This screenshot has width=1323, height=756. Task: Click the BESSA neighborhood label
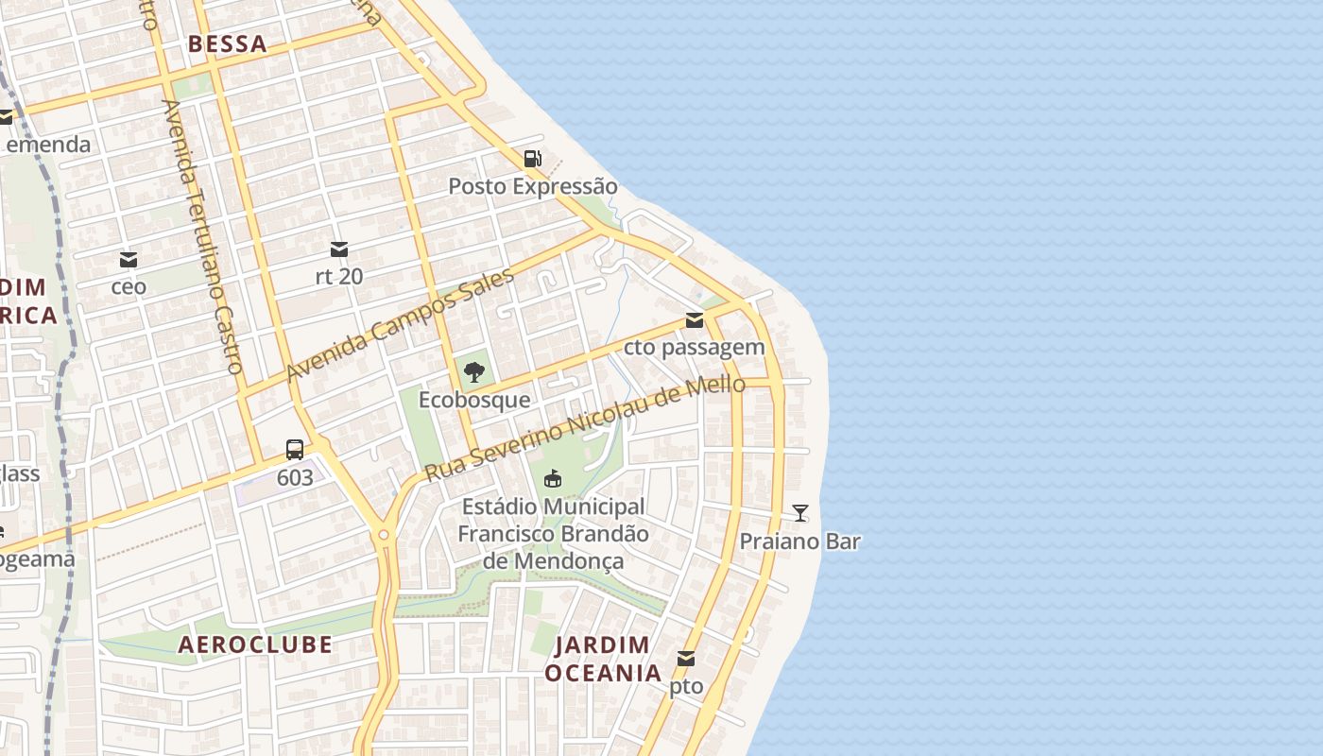click(x=227, y=43)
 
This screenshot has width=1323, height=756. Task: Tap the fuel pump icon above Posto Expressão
click(x=533, y=159)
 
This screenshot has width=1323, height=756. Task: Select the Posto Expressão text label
click(x=532, y=186)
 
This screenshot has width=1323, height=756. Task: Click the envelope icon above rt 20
click(x=339, y=249)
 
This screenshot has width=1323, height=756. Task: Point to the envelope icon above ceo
click(x=129, y=260)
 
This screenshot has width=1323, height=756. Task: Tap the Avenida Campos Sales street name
click(x=400, y=324)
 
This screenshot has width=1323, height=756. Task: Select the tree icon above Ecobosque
click(x=474, y=371)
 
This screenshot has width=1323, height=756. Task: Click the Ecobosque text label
click(x=474, y=400)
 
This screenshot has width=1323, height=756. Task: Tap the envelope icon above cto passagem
click(x=695, y=320)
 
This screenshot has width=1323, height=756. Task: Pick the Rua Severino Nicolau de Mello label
click(x=584, y=429)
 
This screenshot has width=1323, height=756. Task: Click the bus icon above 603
click(x=295, y=450)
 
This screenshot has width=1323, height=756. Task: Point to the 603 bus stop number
click(x=295, y=477)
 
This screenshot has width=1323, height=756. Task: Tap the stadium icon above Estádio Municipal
click(x=553, y=479)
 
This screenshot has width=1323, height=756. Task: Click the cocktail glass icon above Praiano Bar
click(x=800, y=513)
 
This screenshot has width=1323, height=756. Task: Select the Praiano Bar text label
click(x=799, y=541)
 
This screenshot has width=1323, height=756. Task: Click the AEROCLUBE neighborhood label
click(x=255, y=644)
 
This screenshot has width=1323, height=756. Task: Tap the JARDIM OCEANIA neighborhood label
click(x=602, y=659)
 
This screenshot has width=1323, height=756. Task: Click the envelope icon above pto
click(x=686, y=659)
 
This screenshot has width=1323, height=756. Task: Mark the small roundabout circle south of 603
click(x=384, y=536)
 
